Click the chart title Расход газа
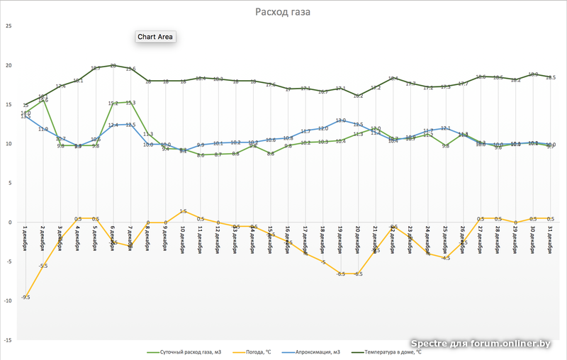283,12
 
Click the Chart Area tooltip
155,37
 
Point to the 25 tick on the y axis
9,26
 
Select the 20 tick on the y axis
9,65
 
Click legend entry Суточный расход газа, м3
184,351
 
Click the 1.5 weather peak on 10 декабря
183,210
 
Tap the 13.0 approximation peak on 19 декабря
340,120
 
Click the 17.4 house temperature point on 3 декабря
60,86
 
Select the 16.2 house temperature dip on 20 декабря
358,95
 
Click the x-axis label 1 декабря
26,239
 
